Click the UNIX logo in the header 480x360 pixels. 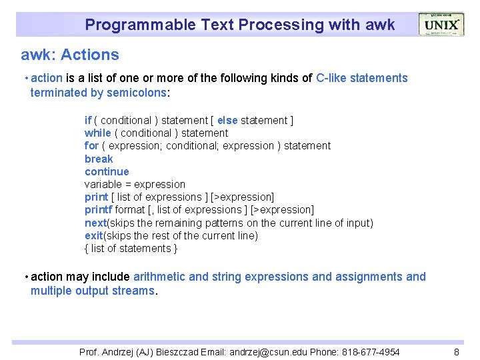[441, 25]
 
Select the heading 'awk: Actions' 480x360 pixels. [70, 55]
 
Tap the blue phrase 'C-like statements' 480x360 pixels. [361, 78]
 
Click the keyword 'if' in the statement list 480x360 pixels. [87, 120]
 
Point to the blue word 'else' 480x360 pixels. [227, 120]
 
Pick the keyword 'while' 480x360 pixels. [97, 133]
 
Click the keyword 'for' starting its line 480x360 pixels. [91, 145]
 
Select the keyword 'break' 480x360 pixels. [99, 159]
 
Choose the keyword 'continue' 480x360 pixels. [107, 171]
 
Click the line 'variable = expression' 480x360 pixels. [135, 184]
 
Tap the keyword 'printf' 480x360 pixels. [98, 210]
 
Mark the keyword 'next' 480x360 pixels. [95, 223]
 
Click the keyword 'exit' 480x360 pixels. [94, 235]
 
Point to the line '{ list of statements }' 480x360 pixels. [131, 248]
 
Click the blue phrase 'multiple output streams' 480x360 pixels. [92, 291]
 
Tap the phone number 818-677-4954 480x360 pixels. [371, 352]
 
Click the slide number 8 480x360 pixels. [457, 352]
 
